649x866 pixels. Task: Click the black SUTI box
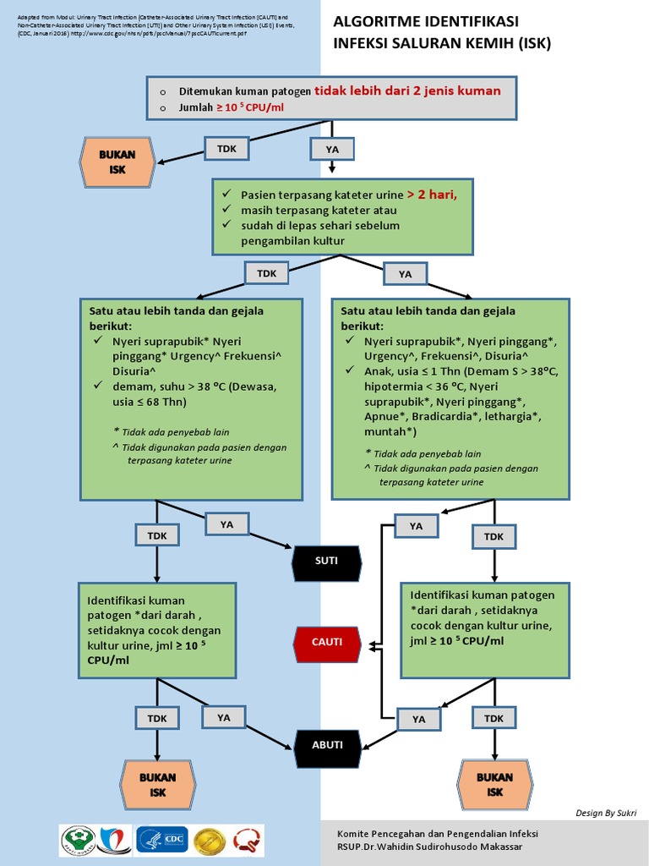point(326,560)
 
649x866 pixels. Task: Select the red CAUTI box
point(327,642)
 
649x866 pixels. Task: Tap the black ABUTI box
point(327,744)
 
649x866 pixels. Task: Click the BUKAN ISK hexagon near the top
point(117,162)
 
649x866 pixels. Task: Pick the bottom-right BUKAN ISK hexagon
point(494,784)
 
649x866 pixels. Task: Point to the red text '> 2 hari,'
point(432,194)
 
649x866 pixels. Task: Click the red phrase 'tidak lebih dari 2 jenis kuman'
point(407,90)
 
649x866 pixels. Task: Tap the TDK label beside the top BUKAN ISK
point(226,149)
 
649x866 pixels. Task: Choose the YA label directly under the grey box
point(331,150)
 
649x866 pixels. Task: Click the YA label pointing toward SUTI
point(226,524)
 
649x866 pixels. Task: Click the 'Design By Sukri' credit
point(606,813)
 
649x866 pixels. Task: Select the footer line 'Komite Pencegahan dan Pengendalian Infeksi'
point(437,833)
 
